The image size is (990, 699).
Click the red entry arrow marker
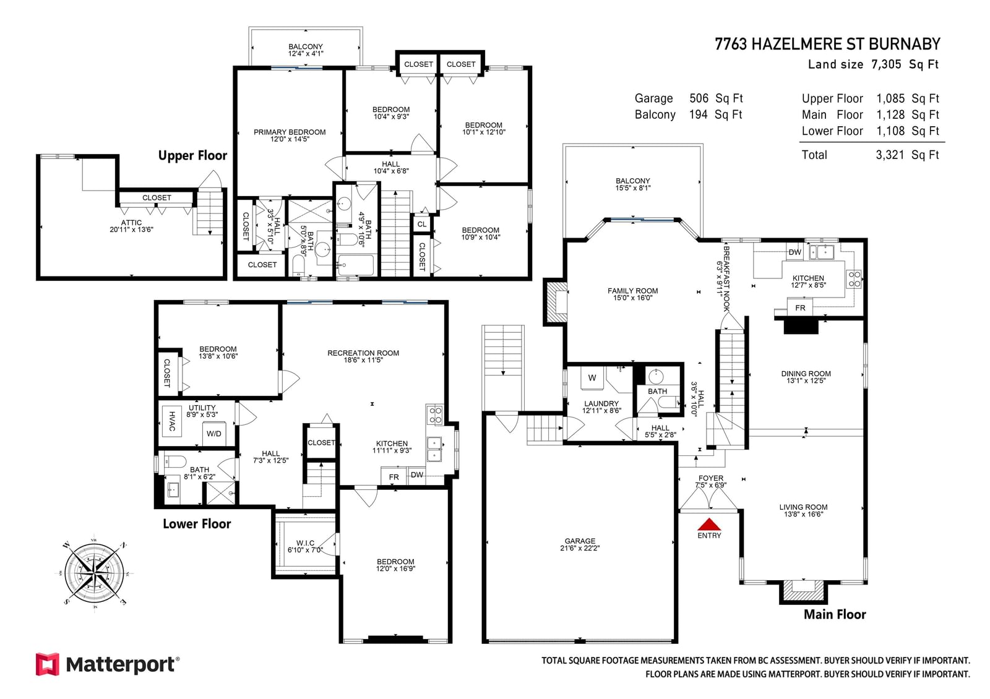tap(709, 525)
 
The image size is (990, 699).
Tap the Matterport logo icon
tap(47, 664)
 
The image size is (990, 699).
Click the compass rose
tap(94, 573)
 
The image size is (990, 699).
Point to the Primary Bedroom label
tap(290, 135)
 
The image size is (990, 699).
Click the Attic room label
tap(131, 226)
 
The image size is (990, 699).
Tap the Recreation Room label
tap(363, 356)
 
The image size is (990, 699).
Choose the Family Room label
tap(632, 294)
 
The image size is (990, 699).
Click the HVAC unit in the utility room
tap(172, 421)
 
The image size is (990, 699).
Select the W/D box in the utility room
tap(214, 434)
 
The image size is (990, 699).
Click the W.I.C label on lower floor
tap(306, 546)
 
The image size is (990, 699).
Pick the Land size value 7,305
tap(885, 64)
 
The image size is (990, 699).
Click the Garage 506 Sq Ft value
tap(716, 98)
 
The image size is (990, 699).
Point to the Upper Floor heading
tap(192, 155)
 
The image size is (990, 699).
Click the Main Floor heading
tap(835, 614)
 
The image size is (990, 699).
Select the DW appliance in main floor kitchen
tap(794, 252)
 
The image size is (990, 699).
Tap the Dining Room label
tap(806, 377)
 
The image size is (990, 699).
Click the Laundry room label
tap(601, 406)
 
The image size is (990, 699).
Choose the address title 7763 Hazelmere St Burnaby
tap(828, 44)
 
